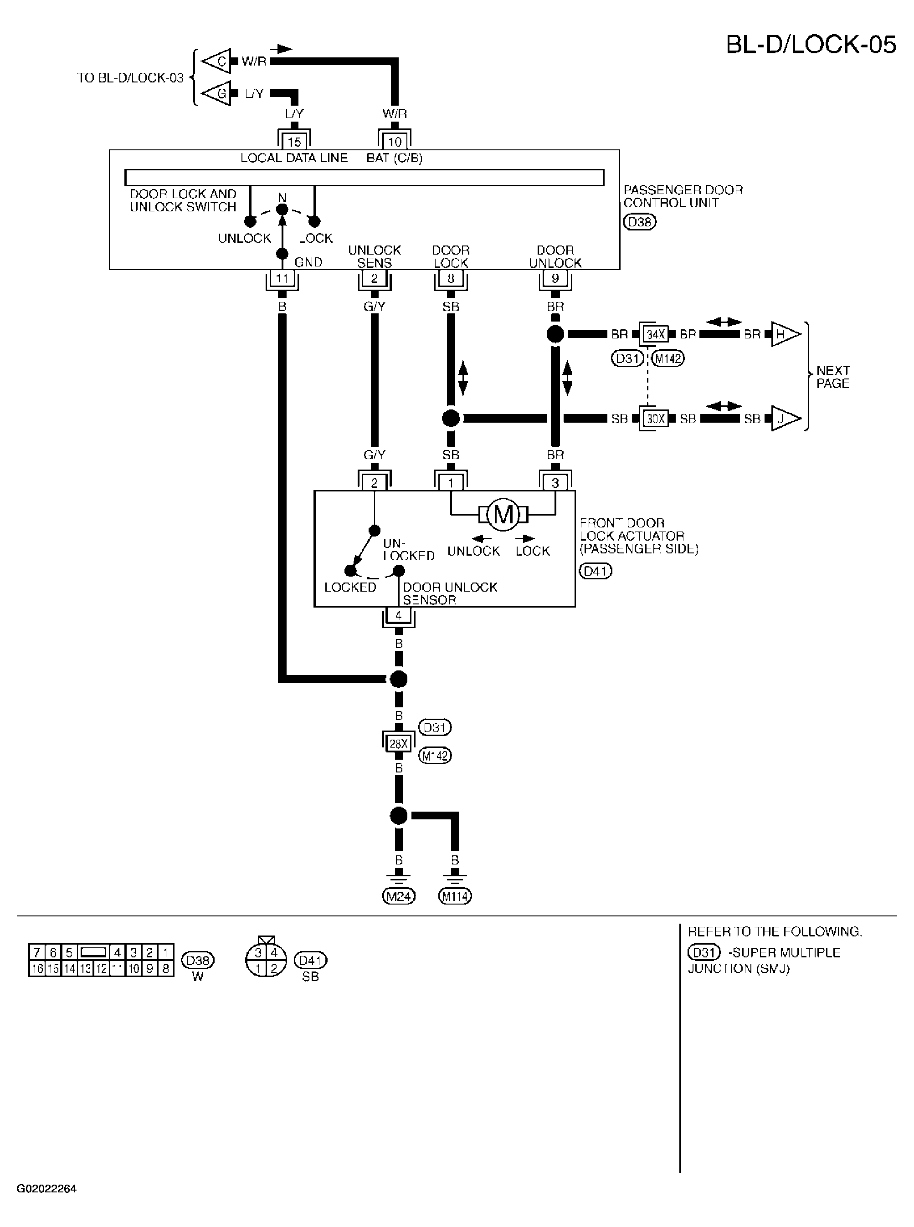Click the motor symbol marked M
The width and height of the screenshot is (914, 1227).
pos(503,515)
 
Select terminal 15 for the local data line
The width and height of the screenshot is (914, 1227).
pos(294,142)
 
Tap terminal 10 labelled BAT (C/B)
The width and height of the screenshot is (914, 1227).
pos(395,142)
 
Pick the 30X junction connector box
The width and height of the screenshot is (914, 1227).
pos(656,419)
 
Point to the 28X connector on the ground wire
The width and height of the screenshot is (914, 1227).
pos(398,744)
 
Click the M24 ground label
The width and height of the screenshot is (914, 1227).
pos(398,896)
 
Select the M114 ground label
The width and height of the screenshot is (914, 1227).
pos(455,896)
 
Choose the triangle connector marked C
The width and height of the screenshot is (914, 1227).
pos(216,61)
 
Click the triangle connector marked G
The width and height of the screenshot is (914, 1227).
pos(216,93)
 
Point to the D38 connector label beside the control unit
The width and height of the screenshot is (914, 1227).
pos(640,222)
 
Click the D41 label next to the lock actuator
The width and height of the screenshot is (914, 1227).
pos(596,571)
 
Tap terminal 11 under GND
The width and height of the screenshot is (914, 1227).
pos(282,278)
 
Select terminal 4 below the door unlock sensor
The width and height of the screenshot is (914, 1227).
pos(398,615)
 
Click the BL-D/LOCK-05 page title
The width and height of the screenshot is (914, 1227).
pos(811,45)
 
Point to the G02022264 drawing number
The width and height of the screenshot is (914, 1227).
pos(46,1189)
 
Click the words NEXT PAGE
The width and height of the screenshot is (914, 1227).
pos(833,377)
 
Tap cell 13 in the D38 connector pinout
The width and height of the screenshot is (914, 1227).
pos(85,968)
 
